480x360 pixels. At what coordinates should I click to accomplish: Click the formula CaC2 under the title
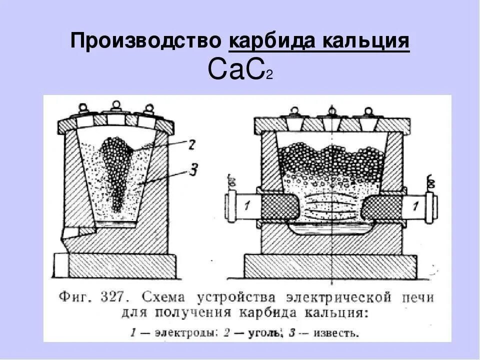(239, 70)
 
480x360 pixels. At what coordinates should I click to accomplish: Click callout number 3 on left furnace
(193, 170)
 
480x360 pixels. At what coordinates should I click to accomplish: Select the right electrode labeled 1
(415, 205)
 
